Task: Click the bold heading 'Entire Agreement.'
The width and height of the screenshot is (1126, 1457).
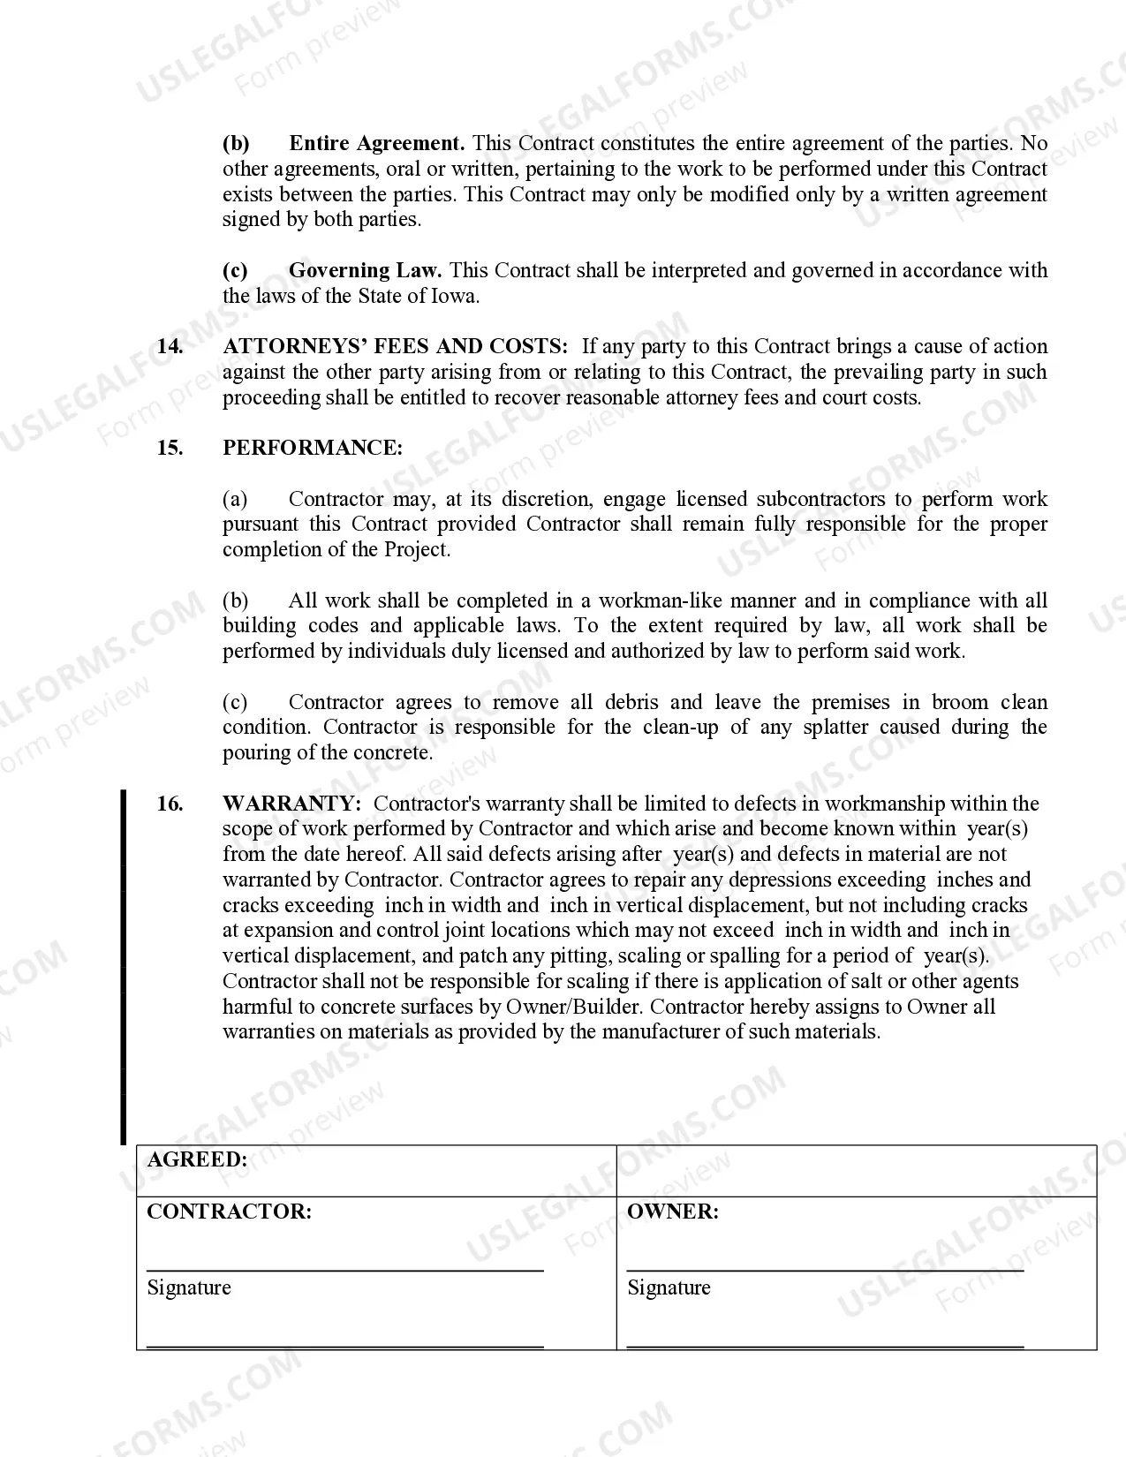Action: pyautogui.click(x=376, y=143)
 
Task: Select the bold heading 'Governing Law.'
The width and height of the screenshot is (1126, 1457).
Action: pyautogui.click(x=365, y=270)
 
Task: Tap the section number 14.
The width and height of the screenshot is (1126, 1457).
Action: pyautogui.click(x=170, y=346)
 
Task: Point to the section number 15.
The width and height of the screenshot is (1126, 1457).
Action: pyautogui.click(x=170, y=448)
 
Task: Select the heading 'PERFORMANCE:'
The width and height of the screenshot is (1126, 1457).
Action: pyautogui.click(x=313, y=448)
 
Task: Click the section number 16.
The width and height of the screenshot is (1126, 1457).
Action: pyautogui.click(x=170, y=804)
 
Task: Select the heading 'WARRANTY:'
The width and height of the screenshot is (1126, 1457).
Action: pyautogui.click(x=291, y=804)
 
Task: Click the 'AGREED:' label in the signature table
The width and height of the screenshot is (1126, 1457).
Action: pyautogui.click(x=197, y=1159)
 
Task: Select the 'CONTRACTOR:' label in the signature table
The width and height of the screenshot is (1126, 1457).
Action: pyautogui.click(x=229, y=1212)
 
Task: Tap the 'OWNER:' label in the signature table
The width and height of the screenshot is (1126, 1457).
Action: pyautogui.click(x=672, y=1212)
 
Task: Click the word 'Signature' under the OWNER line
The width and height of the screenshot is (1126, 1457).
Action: pyautogui.click(x=669, y=1287)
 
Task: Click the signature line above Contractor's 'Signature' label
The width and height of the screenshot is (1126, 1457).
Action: pyautogui.click(x=344, y=1271)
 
